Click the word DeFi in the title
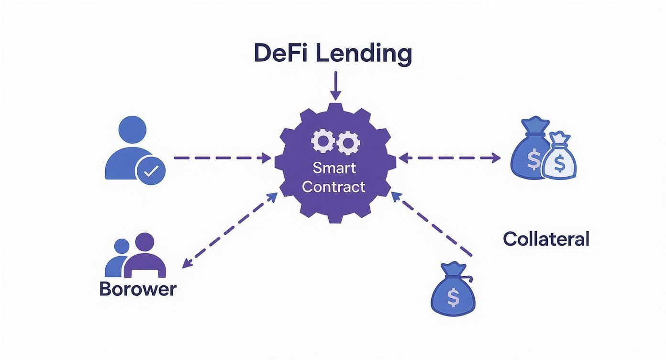pos(279,54)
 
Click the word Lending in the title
pos(364,55)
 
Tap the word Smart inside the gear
pos(334,168)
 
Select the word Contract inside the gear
pos(334,187)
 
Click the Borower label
pos(138,289)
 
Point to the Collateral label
pos(546,238)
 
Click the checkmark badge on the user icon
pos(150,171)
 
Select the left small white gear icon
pos(322,141)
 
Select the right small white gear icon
pos(348,141)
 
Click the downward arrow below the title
pos(335,86)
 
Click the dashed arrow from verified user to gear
pos(222,157)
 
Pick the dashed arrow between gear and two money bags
pos(449,157)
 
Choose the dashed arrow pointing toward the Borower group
pos(230,230)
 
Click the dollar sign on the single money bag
pos(453,298)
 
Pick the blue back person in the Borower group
pos(118,259)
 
